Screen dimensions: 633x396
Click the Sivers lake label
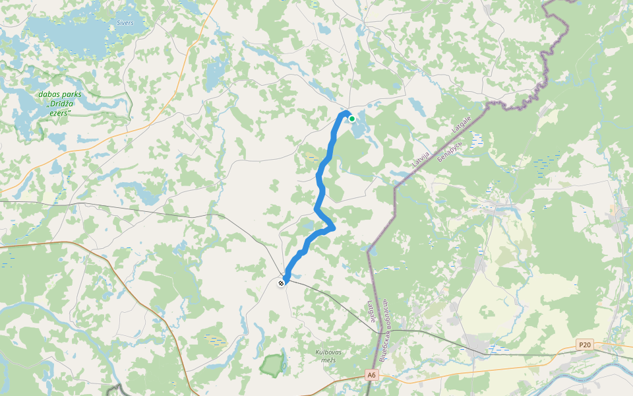pyautogui.click(x=125, y=23)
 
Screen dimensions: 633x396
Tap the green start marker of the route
pyautogui.click(x=352, y=119)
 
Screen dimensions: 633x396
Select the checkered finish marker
pyautogui.click(x=282, y=283)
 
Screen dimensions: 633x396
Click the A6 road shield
pyautogui.click(x=372, y=375)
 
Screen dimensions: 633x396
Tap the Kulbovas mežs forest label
pyautogui.click(x=326, y=356)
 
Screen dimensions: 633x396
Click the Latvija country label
pyautogui.click(x=421, y=158)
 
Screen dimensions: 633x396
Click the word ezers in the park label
pyautogui.click(x=59, y=113)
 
